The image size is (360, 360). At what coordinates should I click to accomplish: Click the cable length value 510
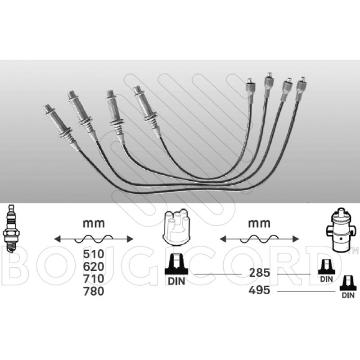tap(94, 254)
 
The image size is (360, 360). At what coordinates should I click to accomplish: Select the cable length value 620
tap(94, 266)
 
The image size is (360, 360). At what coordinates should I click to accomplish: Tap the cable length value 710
tap(94, 279)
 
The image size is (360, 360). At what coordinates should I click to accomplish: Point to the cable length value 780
tap(94, 292)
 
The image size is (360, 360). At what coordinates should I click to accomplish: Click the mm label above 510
tap(94, 223)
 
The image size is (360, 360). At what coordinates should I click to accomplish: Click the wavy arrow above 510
tap(94, 238)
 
